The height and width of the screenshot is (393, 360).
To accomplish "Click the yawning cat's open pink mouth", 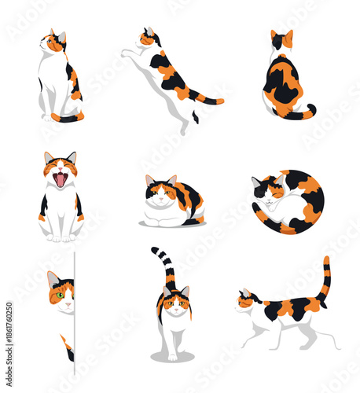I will pos(60,180).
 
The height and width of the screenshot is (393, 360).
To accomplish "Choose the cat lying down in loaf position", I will pos(172,203).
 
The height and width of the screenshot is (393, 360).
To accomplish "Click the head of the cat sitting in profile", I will pos(55,43).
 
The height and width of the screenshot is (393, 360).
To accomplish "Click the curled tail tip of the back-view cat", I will pos(312,109).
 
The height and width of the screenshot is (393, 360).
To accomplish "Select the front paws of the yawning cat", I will pos(61,236).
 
